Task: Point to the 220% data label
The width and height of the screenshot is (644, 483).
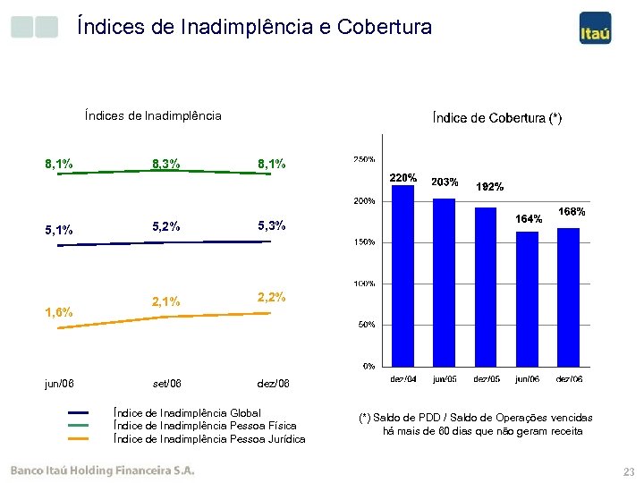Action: tap(403, 177)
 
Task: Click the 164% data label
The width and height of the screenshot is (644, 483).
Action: tap(528, 219)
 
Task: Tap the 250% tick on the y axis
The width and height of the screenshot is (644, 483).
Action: tap(363, 159)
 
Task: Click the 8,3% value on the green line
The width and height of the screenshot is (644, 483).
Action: tap(166, 164)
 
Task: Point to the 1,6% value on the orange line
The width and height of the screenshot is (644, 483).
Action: tap(59, 312)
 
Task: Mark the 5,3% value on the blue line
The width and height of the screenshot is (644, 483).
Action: tap(271, 225)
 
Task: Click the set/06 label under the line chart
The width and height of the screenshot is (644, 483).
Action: tap(166, 384)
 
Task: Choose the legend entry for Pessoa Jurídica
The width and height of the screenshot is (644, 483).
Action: tap(210, 438)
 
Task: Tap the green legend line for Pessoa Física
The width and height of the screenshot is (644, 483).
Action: tap(80, 426)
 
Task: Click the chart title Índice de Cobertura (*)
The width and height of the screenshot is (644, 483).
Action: tap(497, 117)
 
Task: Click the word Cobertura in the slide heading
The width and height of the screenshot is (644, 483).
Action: tap(385, 27)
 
